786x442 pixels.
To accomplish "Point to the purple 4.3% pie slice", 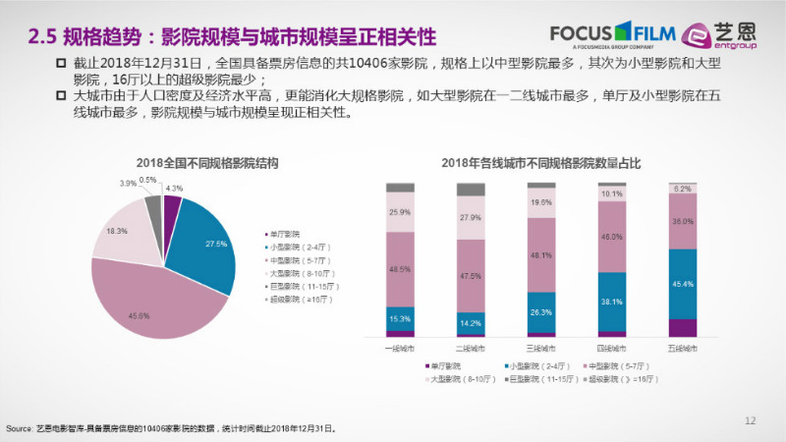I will click(170, 210).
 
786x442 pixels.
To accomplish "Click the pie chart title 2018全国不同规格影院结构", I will click(193, 163).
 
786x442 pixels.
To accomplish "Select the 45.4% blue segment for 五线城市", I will click(683, 284).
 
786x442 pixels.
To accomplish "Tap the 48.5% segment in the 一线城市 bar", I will click(400, 268).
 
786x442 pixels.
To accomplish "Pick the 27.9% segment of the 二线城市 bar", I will click(471, 218).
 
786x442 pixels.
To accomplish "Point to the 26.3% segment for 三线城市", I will click(541, 313).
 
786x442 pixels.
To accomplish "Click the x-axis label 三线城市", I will click(541, 348).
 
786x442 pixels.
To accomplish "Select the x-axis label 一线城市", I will click(400, 348).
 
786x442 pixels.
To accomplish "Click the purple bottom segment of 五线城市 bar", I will click(683, 328).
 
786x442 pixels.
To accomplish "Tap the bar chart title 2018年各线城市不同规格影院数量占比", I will click(541, 163).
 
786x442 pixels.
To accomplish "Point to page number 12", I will click(751, 420).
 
